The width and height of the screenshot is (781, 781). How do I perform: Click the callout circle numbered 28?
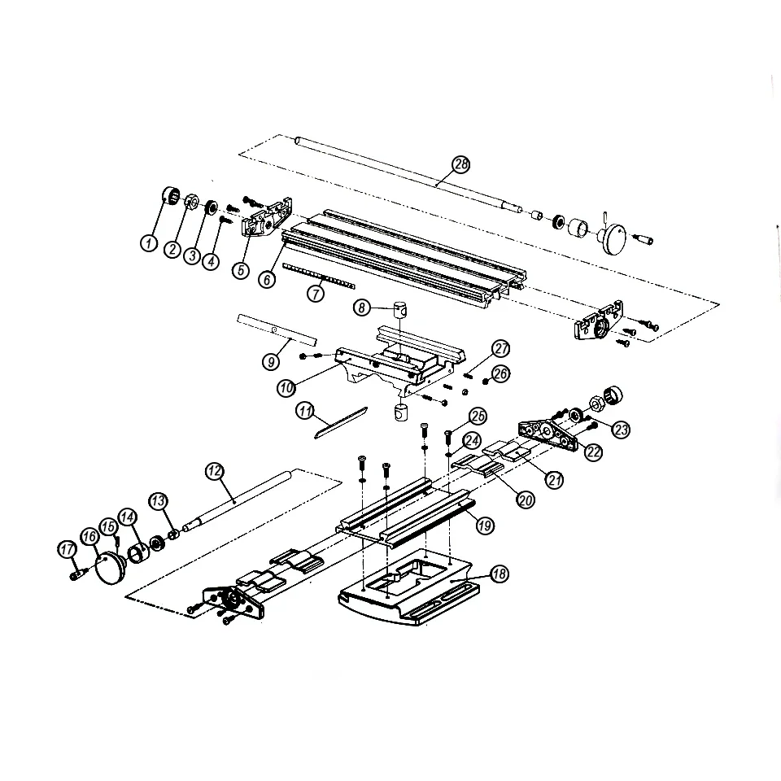(461, 164)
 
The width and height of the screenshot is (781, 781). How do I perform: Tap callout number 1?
(150, 242)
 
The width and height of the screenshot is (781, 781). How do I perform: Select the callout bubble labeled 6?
(266, 278)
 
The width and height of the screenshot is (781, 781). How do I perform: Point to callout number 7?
(316, 295)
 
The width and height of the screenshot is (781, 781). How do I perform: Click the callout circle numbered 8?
(362, 307)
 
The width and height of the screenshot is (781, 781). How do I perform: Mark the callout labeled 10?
(286, 388)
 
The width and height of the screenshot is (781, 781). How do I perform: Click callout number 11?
(305, 412)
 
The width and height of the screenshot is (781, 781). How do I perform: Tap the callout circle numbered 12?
(214, 471)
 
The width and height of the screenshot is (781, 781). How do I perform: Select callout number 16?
(89, 537)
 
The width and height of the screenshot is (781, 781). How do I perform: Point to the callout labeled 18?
(499, 574)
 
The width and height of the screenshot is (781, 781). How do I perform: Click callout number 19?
(485, 526)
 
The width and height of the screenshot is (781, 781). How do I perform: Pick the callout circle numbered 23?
(622, 430)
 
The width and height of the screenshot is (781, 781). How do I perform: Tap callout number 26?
(501, 373)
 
